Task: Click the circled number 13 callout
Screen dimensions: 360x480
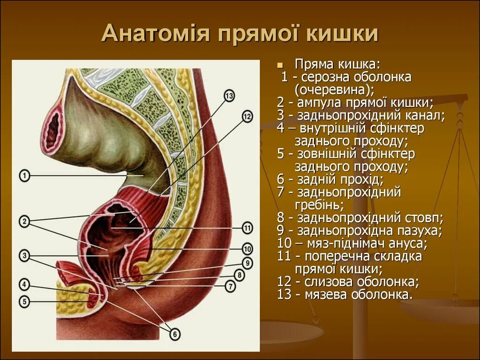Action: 229,97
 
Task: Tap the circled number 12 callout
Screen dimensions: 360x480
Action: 247,116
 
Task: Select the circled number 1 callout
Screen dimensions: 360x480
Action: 24,176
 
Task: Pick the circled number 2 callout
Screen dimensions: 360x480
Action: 24,221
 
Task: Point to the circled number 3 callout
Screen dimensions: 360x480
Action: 24,255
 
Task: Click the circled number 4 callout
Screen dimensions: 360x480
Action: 24,284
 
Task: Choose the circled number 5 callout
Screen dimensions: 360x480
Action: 24,300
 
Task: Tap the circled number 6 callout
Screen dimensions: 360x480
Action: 174,334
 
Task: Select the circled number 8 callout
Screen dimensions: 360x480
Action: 239,275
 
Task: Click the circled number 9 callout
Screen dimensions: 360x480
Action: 247,263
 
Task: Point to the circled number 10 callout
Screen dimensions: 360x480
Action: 247,248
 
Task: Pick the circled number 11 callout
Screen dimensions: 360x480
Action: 247,229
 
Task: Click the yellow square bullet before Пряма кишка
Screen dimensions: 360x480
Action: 280,64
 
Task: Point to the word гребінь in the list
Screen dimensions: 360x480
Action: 319,205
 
